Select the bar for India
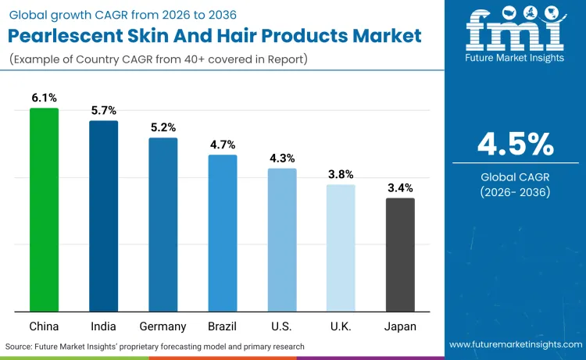pyautogui.click(x=103, y=216)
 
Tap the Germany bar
pyautogui.click(x=163, y=225)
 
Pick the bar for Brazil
pyautogui.click(x=223, y=233)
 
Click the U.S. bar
pyautogui.click(x=282, y=240)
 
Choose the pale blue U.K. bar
pyautogui.click(x=341, y=248)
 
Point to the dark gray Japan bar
pyautogui.click(x=400, y=255)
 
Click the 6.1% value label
pyautogui.click(x=44, y=98)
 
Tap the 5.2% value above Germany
pyautogui.click(x=163, y=127)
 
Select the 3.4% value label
pyautogui.click(x=400, y=187)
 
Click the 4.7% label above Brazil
pyautogui.click(x=223, y=144)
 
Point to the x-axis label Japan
pyautogui.click(x=400, y=326)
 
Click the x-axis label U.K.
pyautogui.click(x=341, y=326)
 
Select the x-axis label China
pyautogui.click(x=44, y=326)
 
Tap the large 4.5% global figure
pyautogui.click(x=515, y=144)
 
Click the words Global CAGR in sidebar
pyautogui.click(x=515, y=176)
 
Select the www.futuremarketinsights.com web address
pyautogui.click(x=516, y=345)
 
